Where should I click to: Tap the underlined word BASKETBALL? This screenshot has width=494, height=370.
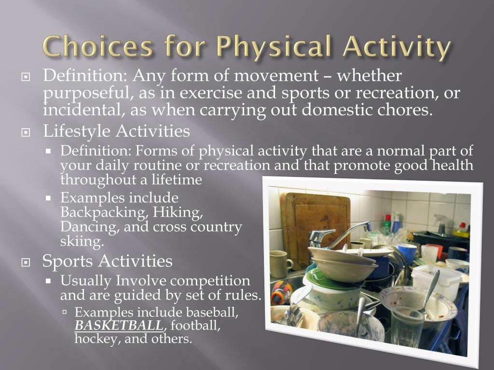point(119,325)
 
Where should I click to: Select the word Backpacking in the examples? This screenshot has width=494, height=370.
point(104,212)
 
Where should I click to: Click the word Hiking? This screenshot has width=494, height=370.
point(178,212)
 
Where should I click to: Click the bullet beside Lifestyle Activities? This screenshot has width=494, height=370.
point(26,133)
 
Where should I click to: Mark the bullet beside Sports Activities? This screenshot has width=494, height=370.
point(26,263)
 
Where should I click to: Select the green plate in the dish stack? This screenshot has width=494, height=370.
point(331,279)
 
